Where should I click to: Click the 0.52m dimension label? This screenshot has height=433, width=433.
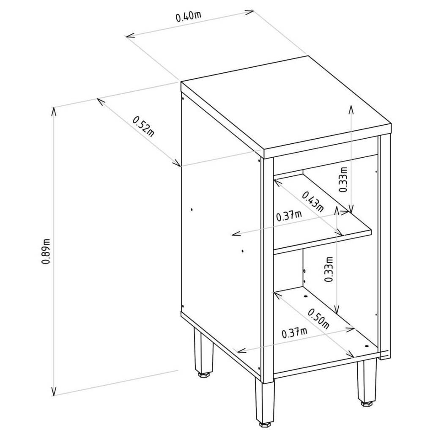click(144, 126)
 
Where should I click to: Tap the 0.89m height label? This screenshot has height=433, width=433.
click(46, 251)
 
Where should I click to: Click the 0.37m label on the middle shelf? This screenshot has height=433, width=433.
click(289, 216)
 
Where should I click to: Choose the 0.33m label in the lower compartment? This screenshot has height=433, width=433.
click(329, 269)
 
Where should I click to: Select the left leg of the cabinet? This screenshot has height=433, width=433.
click(203, 350)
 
